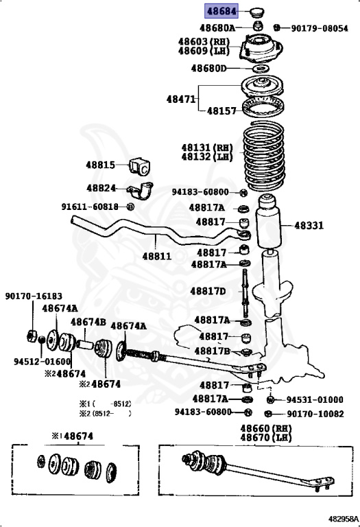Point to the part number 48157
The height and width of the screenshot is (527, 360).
click(x=221, y=110)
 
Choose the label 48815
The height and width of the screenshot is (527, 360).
click(x=100, y=165)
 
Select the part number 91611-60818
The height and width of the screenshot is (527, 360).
click(x=90, y=206)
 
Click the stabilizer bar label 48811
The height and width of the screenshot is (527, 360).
click(x=156, y=256)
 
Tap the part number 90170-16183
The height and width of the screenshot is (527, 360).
click(x=34, y=296)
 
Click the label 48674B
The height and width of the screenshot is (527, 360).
click(x=89, y=322)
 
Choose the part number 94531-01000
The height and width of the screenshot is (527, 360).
click(x=315, y=399)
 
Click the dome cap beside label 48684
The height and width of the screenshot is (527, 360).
click(x=259, y=11)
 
